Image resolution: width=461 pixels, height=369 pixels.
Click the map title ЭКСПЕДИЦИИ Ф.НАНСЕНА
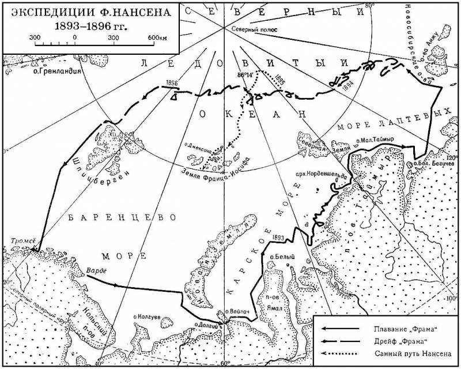pyautogui.click(x=90, y=12)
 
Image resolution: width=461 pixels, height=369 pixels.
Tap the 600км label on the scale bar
pyautogui.click(x=156, y=37)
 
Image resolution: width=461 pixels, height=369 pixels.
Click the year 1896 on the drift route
pyautogui.click(x=171, y=83)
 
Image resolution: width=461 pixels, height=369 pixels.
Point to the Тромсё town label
pyautogui.click(x=24, y=241)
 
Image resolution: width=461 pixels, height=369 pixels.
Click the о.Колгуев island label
pyautogui.click(x=148, y=317)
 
